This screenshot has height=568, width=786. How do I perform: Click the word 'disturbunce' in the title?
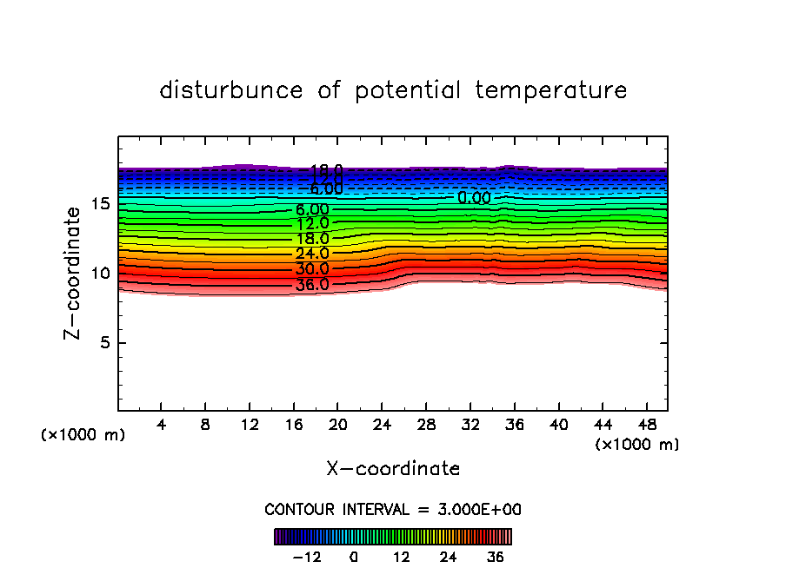(x=231, y=90)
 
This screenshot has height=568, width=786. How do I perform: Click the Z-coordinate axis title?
(x=76, y=272)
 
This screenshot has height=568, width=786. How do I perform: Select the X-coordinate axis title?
(x=393, y=469)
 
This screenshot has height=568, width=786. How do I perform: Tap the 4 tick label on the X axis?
(x=162, y=425)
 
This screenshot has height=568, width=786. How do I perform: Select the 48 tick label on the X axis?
(x=646, y=425)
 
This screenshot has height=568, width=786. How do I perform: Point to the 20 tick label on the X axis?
(x=338, y=425)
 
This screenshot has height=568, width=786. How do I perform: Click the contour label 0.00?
(x=475, y=198)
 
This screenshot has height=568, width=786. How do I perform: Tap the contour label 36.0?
(x=312, y=284)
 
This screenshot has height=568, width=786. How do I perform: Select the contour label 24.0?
(x=312, y=254)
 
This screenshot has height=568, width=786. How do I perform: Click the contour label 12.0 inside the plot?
(x=312, y=224)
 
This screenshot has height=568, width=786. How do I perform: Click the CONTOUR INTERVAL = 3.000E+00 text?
(x=393, y=510)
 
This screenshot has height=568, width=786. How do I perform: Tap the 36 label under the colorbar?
(x=496, y=557)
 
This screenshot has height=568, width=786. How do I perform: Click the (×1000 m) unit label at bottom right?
(x=636, y=445)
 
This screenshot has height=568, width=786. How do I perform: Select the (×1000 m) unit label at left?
(x=83, y=435)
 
